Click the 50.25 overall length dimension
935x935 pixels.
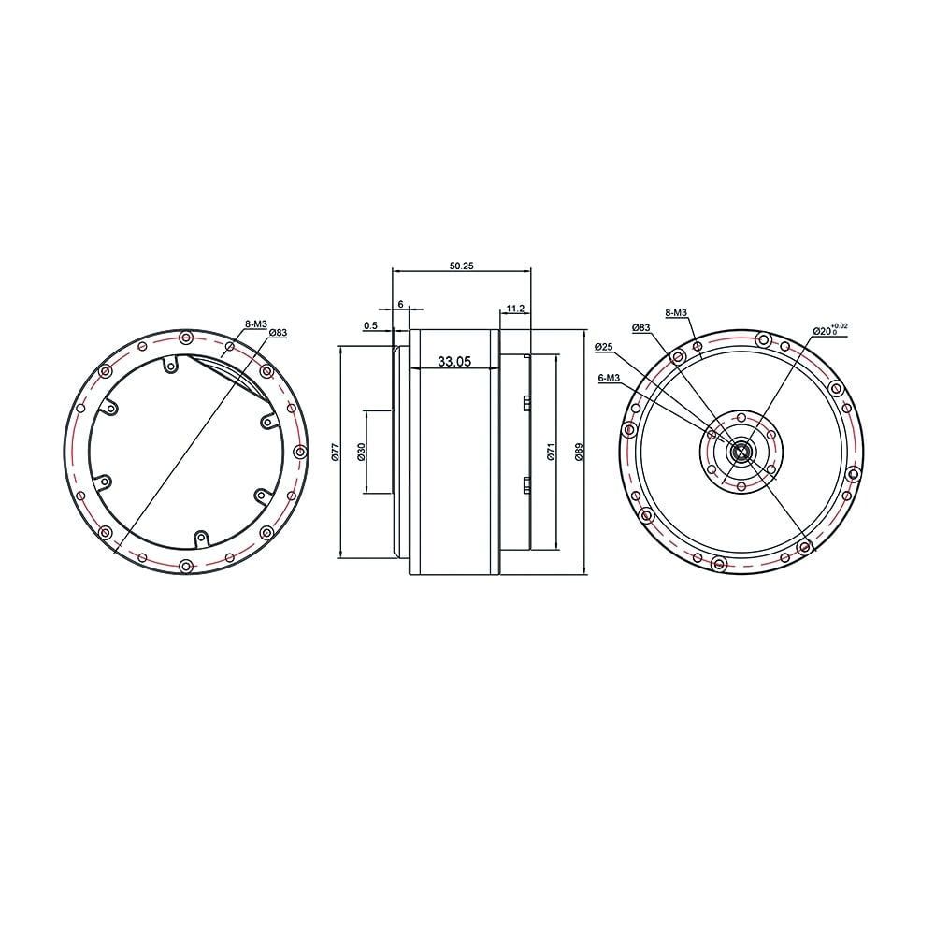coord(461,266)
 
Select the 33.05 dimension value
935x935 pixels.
coord(454,361)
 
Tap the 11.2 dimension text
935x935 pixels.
coord(514,309)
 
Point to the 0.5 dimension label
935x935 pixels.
coord(370,325)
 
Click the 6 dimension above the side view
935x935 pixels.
coord(401,304)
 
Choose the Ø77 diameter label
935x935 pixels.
coord(335,451)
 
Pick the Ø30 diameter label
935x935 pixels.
coord(361,452)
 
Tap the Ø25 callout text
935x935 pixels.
coord(604,347)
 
